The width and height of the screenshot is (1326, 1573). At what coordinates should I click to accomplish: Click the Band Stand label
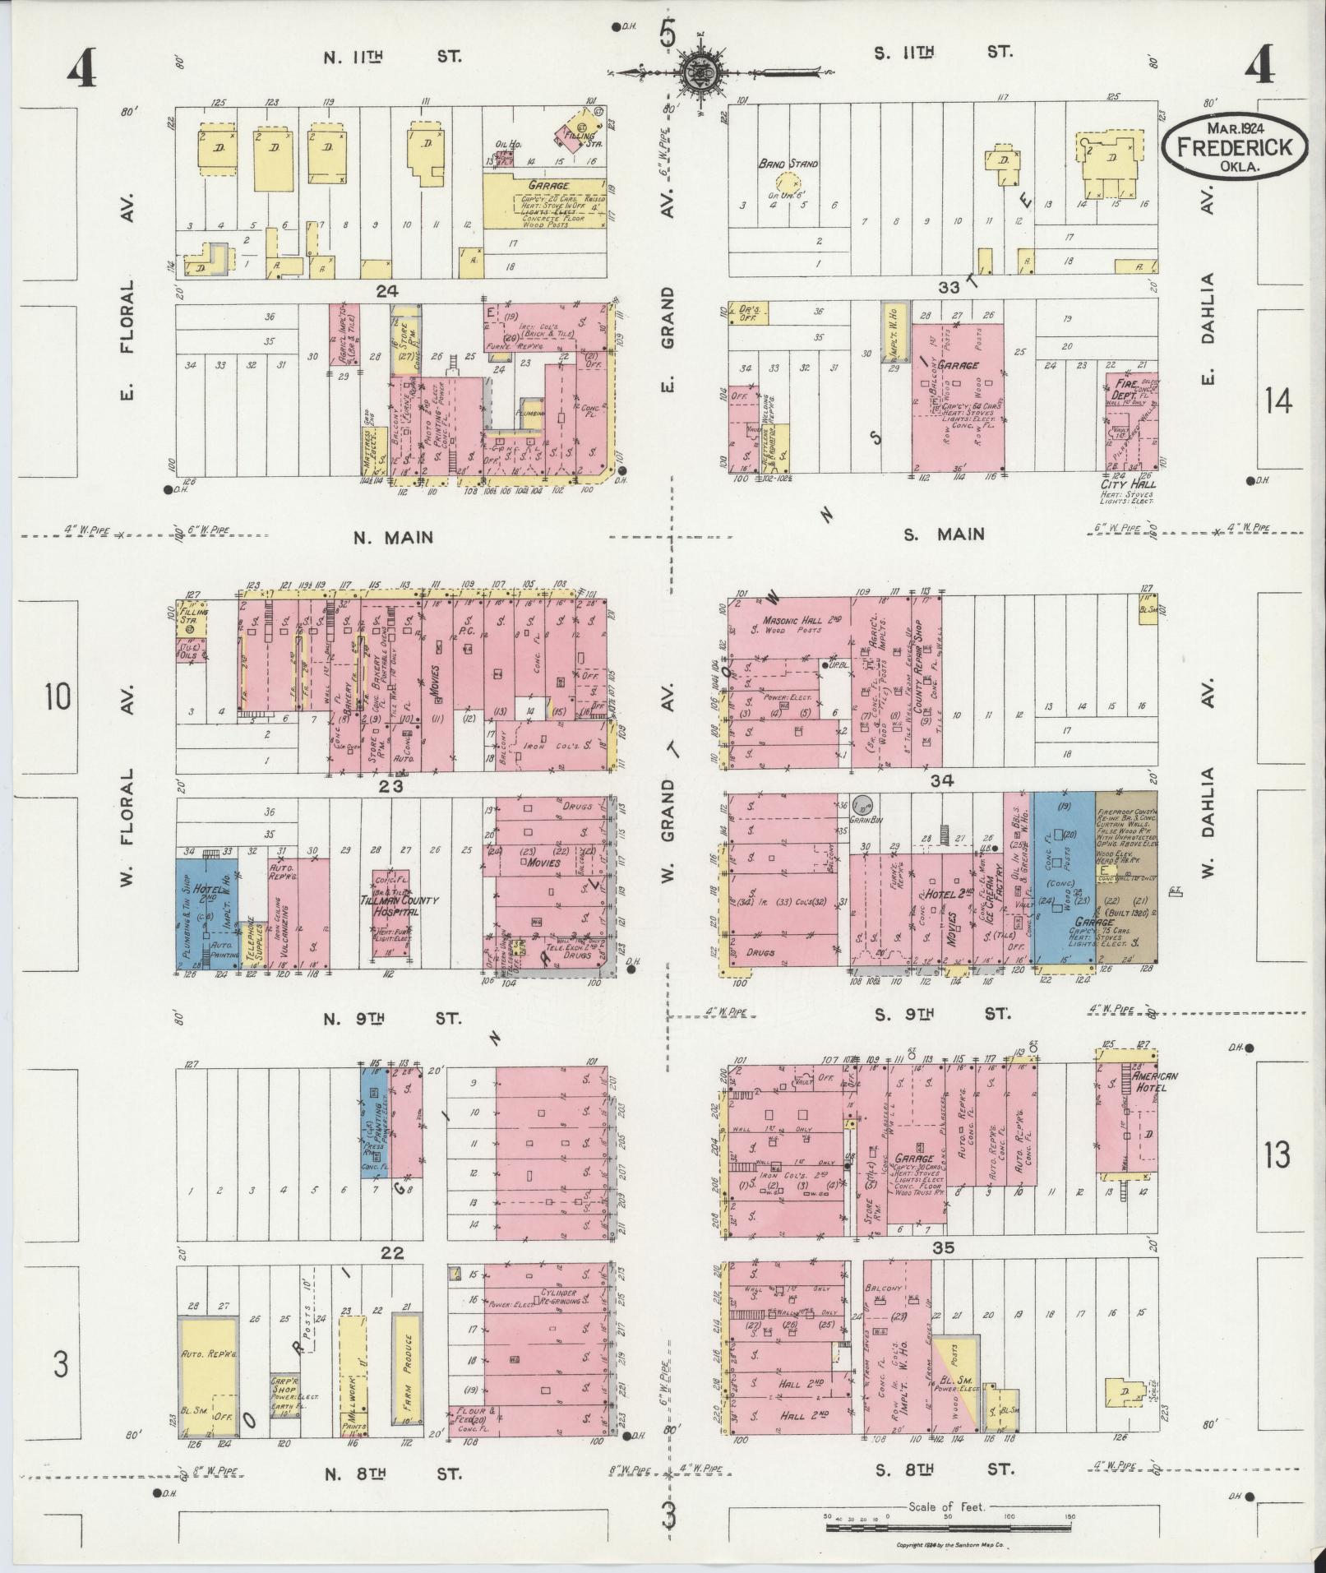click(788, 164)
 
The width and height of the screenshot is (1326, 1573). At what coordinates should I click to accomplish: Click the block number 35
click(943, 1270)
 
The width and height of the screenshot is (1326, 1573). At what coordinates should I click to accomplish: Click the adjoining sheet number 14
click(1278, 401)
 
